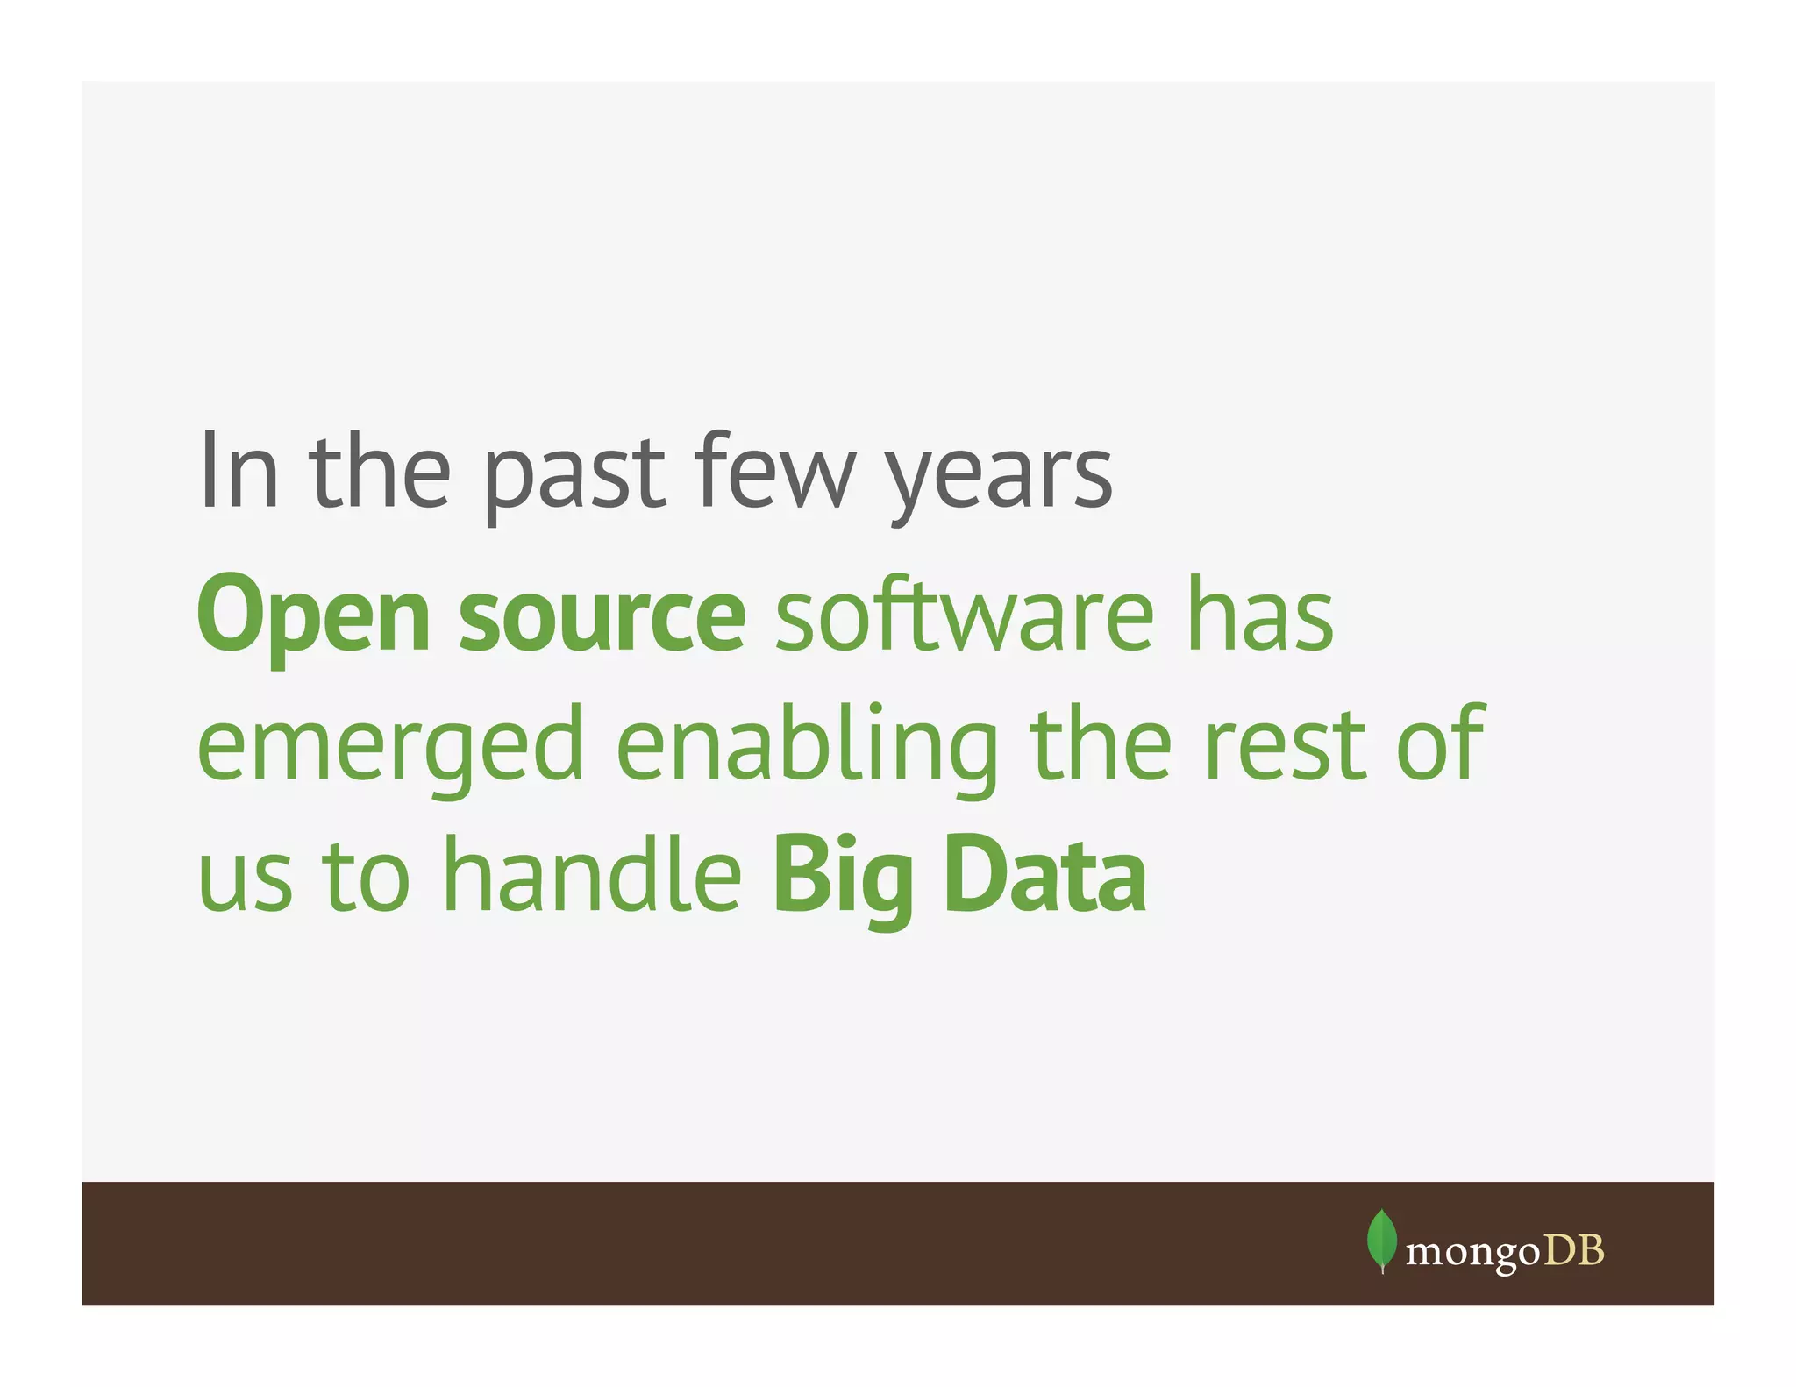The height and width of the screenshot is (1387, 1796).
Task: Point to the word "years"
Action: point(1000,478)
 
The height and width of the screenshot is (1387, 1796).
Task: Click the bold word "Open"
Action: point(314,615)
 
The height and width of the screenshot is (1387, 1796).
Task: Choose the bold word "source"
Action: point(602,617)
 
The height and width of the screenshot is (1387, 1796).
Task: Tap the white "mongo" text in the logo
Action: point(1472,1253)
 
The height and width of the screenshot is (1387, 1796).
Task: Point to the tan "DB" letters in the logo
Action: point(1573,1250)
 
